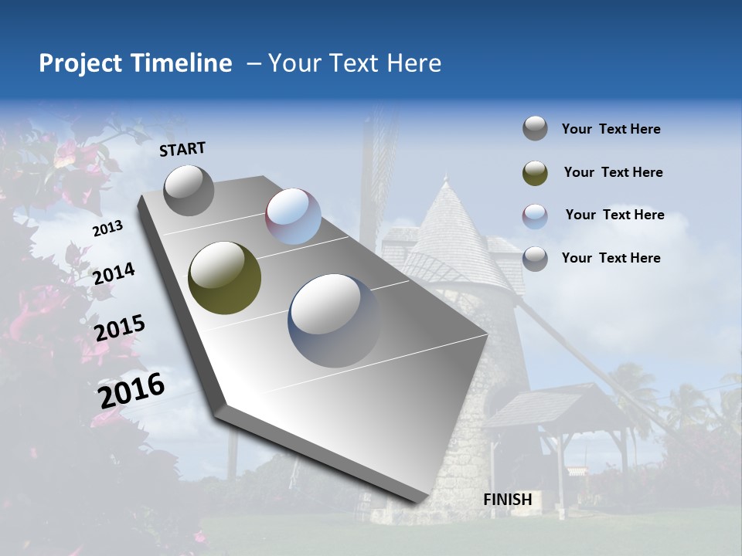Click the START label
point(182,149)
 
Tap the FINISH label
point(508,500)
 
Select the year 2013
point(107,229)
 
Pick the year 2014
point(114,273)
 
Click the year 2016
point(131,390)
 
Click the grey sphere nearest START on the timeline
point(189,190)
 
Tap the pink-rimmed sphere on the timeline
point(293,216)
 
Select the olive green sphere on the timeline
point(224,278)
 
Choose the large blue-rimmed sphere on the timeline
point(334,320)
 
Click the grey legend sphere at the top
point(535,129)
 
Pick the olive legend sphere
point(535,173)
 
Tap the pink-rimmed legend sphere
point(535,215)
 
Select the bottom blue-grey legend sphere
point(535,258)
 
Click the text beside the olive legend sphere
point(613,172)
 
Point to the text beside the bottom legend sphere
point(611,258)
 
